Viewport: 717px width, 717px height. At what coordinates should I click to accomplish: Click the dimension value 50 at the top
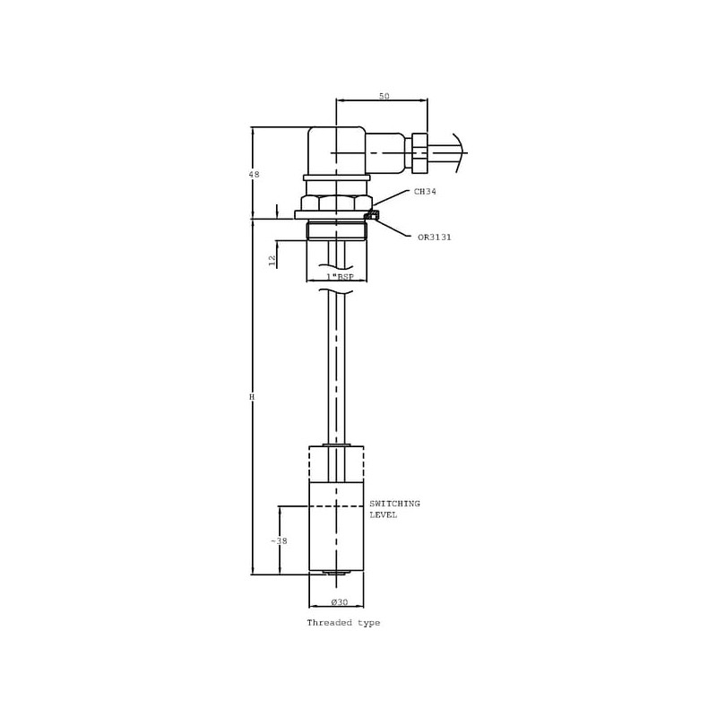point(384,96)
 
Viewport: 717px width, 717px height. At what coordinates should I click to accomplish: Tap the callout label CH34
point(425,192)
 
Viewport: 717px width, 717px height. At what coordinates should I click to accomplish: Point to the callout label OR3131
point(435,238)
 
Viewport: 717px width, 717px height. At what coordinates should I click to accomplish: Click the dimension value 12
point(272,261)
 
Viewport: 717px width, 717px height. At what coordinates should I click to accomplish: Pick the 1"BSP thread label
point(340,277)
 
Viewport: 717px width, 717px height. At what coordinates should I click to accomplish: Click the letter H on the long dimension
point(252,397)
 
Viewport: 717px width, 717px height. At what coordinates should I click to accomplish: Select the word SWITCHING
point(394,504)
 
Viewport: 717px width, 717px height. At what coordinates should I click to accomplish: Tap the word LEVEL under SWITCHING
point(384,514)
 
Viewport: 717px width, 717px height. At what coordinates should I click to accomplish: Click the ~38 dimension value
point(279,541)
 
